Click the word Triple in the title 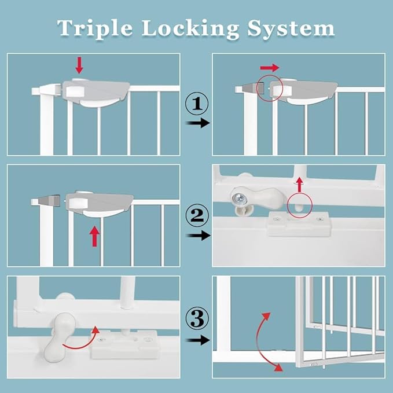(93, 27)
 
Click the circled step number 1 (197, 105)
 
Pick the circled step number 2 (197, 216)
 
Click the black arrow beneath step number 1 (197, 123)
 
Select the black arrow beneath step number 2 (197, 236)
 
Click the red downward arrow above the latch (80, 64)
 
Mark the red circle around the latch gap (270, 87)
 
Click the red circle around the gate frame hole (299, 204)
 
